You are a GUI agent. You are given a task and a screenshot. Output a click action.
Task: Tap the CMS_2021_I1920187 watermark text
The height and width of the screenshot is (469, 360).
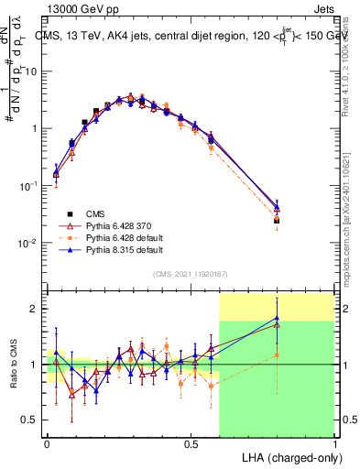pyautogui.click(x=190, y=274)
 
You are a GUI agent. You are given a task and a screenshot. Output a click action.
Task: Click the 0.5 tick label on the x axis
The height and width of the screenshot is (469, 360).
pyautogui.click(x=191, y=443)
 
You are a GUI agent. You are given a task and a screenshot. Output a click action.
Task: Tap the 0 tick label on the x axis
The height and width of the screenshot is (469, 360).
pyautogui.click(x=47, y=443)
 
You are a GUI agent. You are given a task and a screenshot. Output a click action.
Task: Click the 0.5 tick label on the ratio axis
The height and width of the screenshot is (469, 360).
pyautogui.click(x=32, y=420)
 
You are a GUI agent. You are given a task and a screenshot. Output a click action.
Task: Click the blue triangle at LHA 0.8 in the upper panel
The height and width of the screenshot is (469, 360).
pyautogui.click(x=277, y=208)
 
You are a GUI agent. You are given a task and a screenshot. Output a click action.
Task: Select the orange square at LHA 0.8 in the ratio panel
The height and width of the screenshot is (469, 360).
pyautogui.click(x=277, y=354)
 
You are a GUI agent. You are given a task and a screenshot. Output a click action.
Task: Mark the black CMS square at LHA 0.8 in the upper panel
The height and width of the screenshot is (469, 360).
pyautogui.click(x=277, y=221)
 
